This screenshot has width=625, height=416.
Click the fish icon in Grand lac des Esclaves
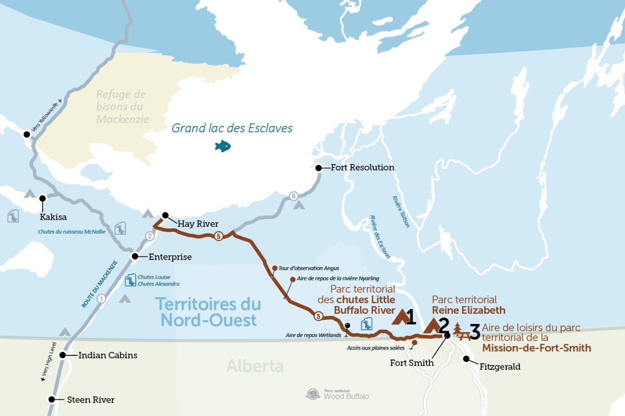[x=223, y=146]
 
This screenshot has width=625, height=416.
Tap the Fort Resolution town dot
[x=319, y=168]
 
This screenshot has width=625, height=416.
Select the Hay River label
[x=198, y=224]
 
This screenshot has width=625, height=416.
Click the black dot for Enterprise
[x=135, y=256]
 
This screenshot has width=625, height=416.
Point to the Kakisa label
[x=53, y=217]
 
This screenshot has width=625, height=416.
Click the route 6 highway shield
[x=294, y=196]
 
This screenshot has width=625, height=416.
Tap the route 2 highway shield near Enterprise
[x=150, y=236]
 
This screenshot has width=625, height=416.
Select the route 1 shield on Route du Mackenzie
[x=101, y=299]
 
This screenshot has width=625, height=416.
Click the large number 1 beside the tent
[x=410, y=317]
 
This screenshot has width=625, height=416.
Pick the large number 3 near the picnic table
[x=475, y=332]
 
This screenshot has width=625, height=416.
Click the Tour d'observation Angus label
[x=308, y=268]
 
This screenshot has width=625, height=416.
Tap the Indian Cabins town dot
[x=62, y=355]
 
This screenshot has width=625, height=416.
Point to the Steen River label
[x=90, y=399]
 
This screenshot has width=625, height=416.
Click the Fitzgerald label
[x=500, y=367]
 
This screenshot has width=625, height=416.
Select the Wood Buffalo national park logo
[x=313, y=394]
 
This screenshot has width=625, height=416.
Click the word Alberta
[x=255, y=366]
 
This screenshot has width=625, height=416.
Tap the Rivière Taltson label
[x=401, y=212]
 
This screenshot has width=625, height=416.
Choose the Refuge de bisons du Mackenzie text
[x=122, y=106]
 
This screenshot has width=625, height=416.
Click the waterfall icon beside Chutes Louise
[x=130, y=280]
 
